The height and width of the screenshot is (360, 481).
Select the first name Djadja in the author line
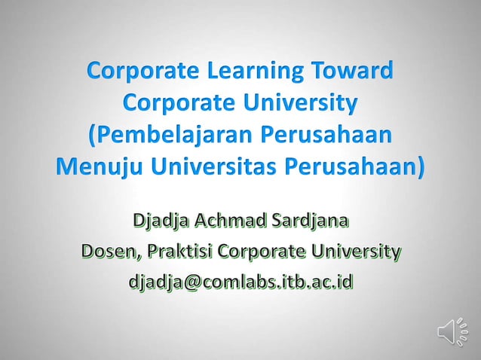tap(160, 223)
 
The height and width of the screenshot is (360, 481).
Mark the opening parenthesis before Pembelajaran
tap(93, 136)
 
